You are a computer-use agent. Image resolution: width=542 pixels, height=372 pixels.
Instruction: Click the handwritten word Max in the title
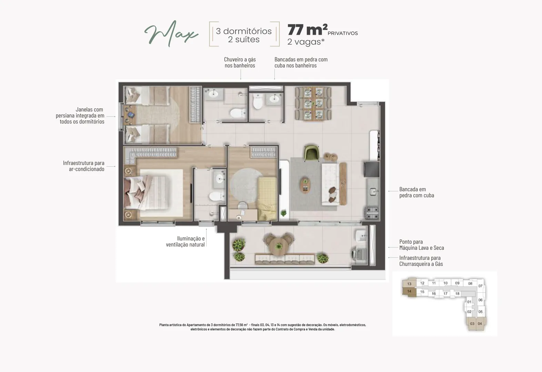tap(171, 34)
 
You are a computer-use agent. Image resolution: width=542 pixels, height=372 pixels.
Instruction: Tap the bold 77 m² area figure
tap(307, 30)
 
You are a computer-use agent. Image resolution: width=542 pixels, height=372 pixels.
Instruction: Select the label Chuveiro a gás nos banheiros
tap(240, 62)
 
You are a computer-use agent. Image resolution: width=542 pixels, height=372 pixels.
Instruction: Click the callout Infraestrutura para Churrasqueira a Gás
tap(421, 261)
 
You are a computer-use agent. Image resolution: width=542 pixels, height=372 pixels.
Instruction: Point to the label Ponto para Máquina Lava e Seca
tap(422, 245)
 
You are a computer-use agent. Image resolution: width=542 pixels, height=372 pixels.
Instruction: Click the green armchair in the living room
tap(311, 153)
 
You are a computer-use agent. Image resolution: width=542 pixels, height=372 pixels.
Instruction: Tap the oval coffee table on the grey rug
tap(305, 185)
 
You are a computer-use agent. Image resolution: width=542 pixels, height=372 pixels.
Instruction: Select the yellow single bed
tap(267, 198)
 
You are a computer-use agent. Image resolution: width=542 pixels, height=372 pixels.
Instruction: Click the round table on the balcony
tap(279, 246)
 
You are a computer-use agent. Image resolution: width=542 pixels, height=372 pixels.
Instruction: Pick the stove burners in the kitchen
tap(372, 213)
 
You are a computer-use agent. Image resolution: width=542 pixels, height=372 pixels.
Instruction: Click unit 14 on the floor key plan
tap(409, 292)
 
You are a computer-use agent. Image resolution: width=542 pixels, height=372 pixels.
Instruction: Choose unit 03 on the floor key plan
tap(472, 324)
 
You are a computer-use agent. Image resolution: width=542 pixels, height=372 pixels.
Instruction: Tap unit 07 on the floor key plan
tap(480, 286)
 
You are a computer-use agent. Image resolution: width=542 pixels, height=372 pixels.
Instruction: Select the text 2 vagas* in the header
tap(306, 42)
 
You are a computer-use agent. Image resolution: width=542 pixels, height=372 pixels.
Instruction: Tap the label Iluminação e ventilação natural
tap(185, 241)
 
